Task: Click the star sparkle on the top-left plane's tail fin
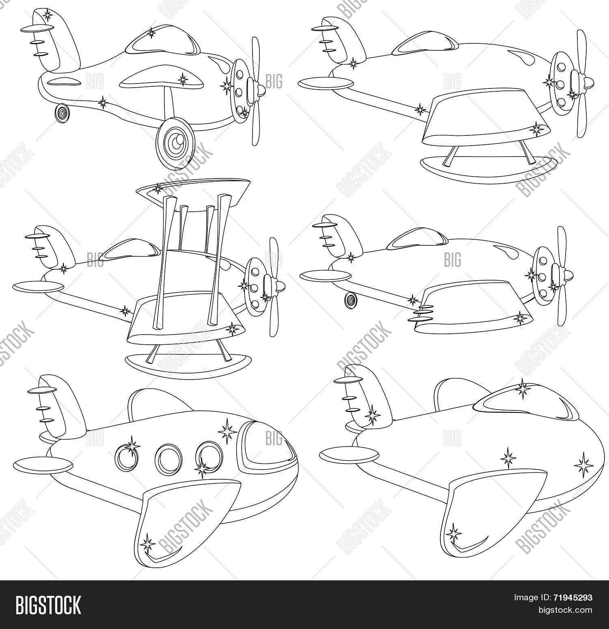click(48, 16)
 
